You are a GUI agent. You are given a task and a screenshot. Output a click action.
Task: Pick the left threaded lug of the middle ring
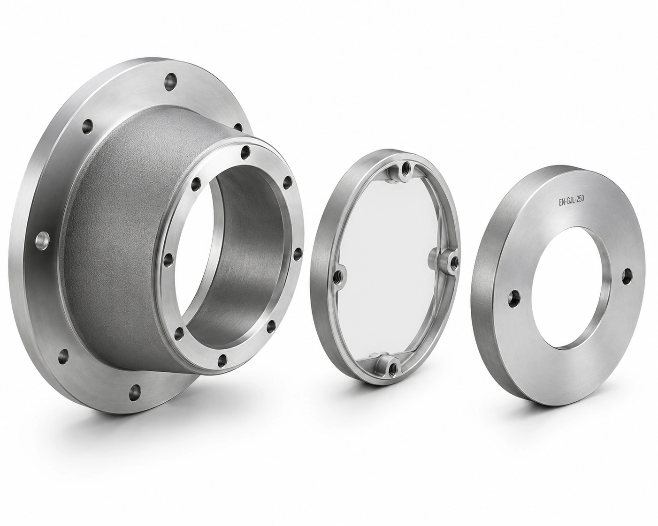(x=340, y=275)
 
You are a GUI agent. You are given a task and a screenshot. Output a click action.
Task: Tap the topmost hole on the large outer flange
(x=170, y=82)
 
